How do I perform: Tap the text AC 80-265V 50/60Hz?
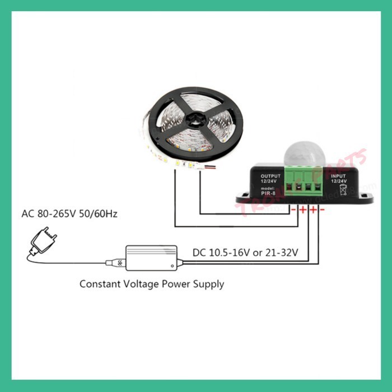click(x=69, y=214)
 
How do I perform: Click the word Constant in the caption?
click(x=99, y=284)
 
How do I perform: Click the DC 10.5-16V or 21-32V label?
click(x=245, y=253)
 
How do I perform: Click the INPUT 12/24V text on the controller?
click(x=339, y=178)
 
